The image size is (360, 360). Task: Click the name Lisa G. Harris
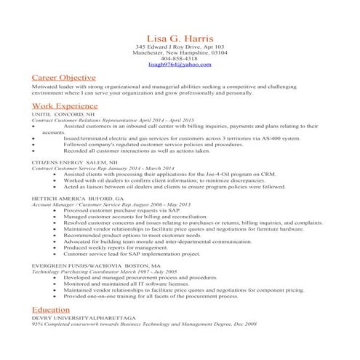pyautogui.click(x=179, y=36)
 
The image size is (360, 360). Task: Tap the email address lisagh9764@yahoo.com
pyautogui.click(x=179, y=65)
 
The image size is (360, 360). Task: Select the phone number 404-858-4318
pyautogui.click(x=179, y=59)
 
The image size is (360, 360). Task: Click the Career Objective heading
pyautogui.click(x=63, y=77)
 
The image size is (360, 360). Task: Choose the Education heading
pyautogui.click(x=51, y=310)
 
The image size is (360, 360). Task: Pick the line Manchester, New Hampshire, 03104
pyautogui.click(x=179, y=53)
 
